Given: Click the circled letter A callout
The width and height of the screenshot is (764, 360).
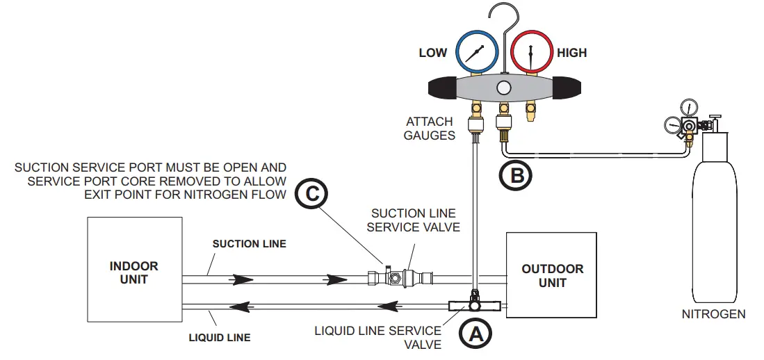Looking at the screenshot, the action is (x=476, y=334).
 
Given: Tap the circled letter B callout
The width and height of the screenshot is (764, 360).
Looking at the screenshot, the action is (x=516, y=175).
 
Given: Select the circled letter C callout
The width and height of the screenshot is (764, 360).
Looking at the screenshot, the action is (x=311, y=194).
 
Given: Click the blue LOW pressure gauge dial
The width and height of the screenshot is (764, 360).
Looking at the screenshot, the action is (x=476, y=51).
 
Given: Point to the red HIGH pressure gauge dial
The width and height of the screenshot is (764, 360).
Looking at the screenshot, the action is (x=532, y=51).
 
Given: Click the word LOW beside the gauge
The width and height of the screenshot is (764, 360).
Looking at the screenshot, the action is (x=432, y=53).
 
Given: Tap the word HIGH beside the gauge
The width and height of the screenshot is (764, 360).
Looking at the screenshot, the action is (x=571, y=53).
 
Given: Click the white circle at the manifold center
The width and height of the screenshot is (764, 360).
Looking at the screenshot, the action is (x=504, y=88).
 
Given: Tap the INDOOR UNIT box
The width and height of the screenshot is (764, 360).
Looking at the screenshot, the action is (x=134, y=270).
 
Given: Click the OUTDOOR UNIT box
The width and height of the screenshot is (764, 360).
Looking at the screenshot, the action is (x=551, y=275).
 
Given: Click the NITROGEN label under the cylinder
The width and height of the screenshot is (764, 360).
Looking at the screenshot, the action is (x=714, y=314).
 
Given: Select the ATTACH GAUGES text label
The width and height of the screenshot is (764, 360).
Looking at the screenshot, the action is (x=429, y=128).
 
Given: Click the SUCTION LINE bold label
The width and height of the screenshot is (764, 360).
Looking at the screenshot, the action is (x=249, y=243).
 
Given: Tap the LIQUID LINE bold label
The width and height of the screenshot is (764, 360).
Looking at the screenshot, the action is (x=220, y=337).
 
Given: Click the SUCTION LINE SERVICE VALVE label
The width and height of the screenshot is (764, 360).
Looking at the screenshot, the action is (x=413, y=220).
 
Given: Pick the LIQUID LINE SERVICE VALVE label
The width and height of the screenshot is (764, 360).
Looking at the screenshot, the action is (x=378, y=338).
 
